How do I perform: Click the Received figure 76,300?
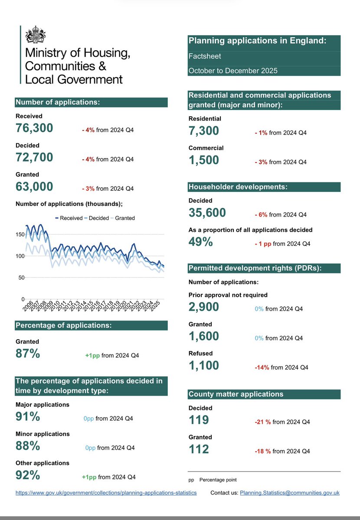click(34, 128)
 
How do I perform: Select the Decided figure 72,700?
click(34, 157)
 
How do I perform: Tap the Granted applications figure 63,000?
click(34, 186)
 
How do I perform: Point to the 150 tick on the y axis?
click(20, 234)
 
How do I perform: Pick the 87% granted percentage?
click(28, 354)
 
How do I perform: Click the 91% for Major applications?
click(28, 417)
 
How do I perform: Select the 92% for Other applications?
click(28, 475)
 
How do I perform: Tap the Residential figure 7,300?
click(204, 131)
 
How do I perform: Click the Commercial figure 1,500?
click(204, 160)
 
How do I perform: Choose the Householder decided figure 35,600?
click(207, 213)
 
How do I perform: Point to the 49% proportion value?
click(200, 242)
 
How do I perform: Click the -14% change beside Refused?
click(262, 367)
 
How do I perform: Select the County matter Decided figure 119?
click(199, 420)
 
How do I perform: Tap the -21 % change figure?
click(262, 422)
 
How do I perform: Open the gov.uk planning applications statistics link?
click(106, 493)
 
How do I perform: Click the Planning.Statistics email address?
click(290, 493)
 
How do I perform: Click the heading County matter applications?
click(236, 394)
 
